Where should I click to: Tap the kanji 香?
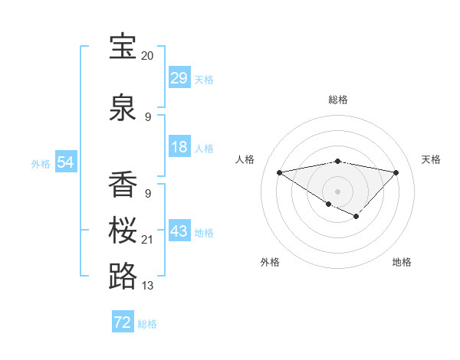123,185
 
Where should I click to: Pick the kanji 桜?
123,231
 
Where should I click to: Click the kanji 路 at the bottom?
123,277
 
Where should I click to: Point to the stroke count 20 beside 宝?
147,56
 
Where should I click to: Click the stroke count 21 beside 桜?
147,240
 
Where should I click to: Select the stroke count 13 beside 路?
147,286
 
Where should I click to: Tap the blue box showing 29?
179,78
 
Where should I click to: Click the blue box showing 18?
179,147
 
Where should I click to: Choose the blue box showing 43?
179,231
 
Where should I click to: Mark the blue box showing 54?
66,162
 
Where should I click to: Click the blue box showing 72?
123,322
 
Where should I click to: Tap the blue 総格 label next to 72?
147,324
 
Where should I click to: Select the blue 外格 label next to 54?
41,163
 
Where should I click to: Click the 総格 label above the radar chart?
337,100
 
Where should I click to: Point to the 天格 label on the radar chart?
431,159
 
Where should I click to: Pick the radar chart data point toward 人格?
280,172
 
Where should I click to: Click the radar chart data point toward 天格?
396,172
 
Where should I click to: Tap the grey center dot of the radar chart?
337,191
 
